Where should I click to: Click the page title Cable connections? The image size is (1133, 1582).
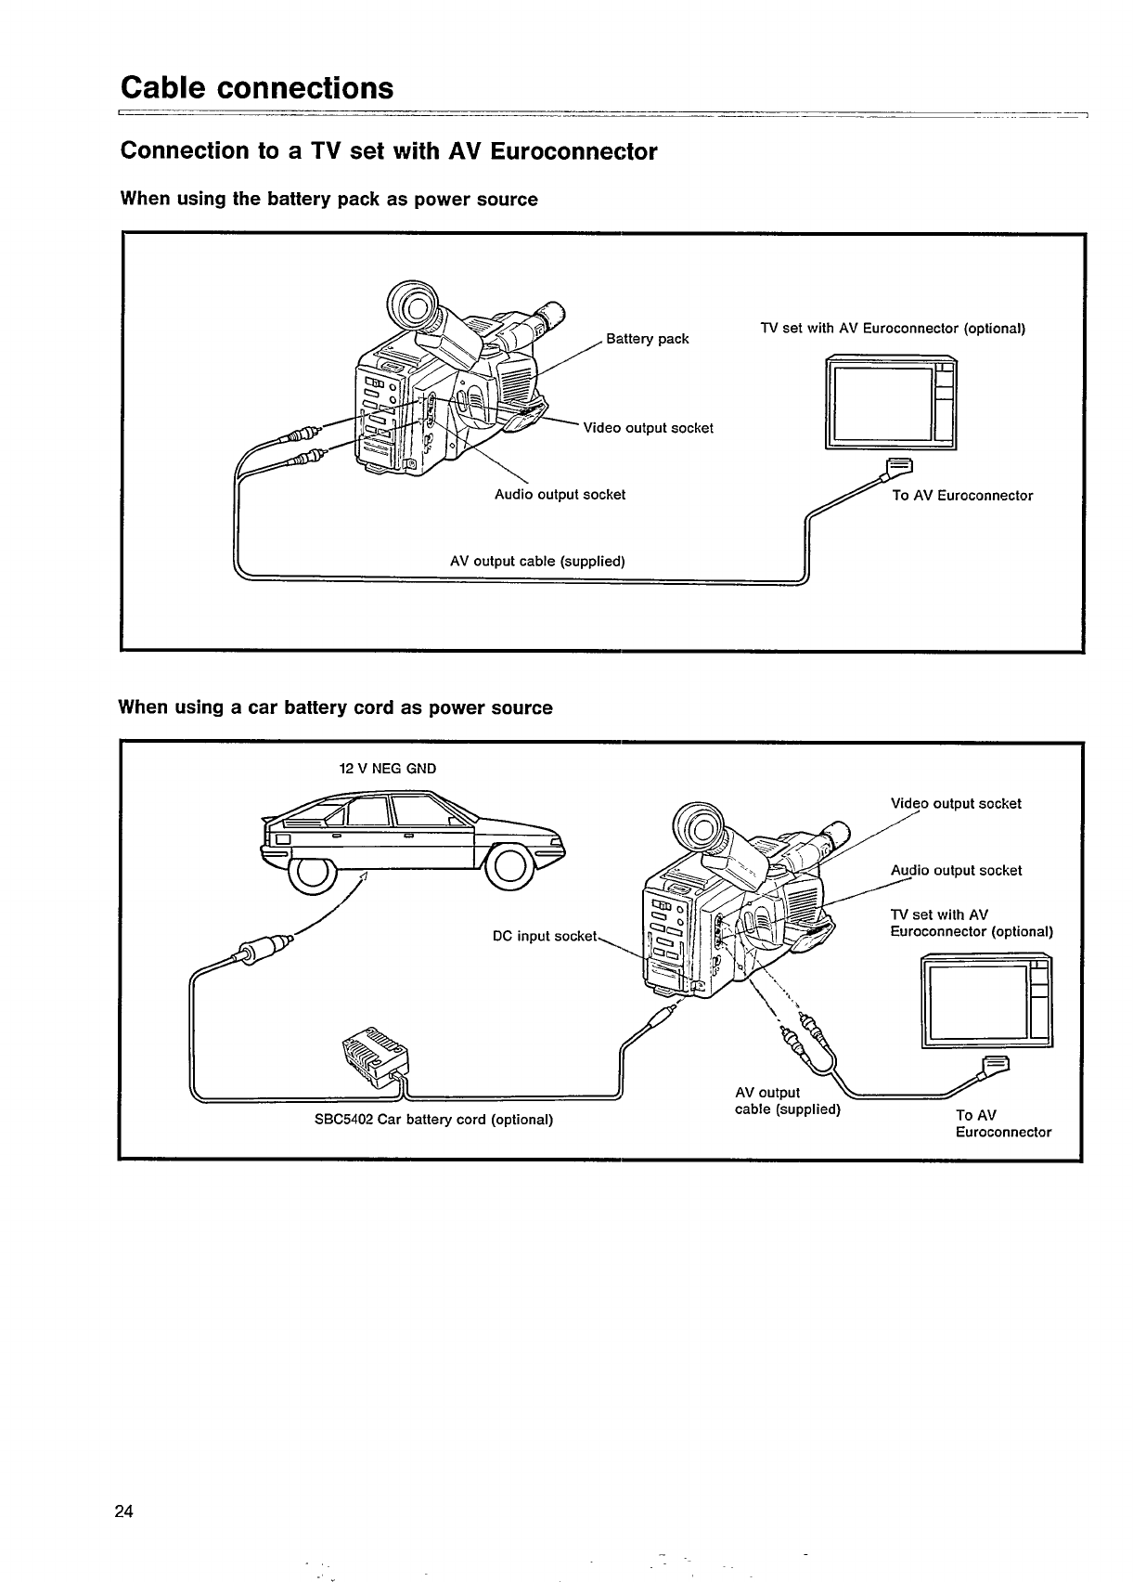click(257, 88)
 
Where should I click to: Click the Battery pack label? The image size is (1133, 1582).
click(647, 339)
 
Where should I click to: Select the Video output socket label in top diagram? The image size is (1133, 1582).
click(648, 428)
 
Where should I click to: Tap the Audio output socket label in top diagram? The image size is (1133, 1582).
click(560, 495)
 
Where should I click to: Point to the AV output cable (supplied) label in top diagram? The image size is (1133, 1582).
click(537, 561)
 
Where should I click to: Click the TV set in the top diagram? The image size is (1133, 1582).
click(890, 404)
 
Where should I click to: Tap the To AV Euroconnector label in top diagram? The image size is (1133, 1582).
click(962, 496)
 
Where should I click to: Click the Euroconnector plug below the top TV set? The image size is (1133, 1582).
click(900, 466)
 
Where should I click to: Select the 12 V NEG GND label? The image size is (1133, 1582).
click(387, 769)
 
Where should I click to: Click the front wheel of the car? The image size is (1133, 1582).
click(510, 868)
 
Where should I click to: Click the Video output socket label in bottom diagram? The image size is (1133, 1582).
click(956, 804)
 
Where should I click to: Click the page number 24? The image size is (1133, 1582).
click(124, 1511)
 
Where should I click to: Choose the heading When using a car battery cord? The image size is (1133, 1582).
click(335, 708)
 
